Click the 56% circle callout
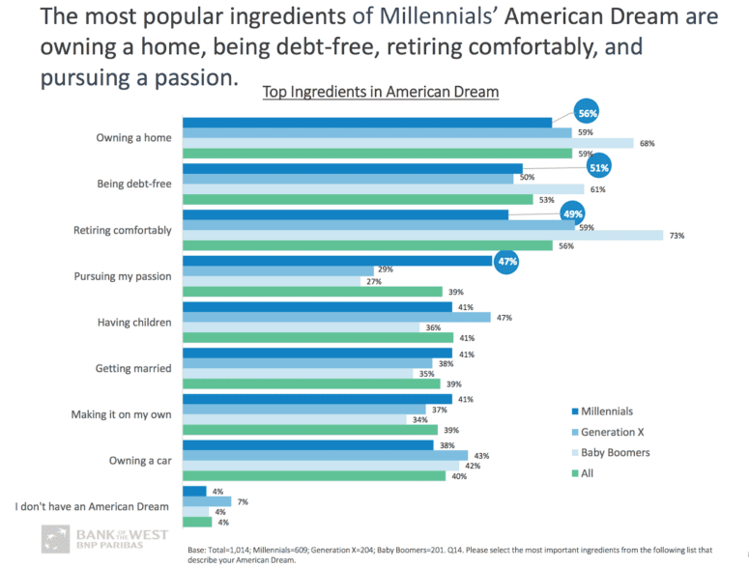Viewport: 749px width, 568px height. pos(587,113)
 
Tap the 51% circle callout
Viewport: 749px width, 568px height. pos(600,167)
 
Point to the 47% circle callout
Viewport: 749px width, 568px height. pos(506,261)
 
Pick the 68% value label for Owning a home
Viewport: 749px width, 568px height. pos(647,143)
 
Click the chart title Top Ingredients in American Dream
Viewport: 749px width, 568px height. pos(381,93)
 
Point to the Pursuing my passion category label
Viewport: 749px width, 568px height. pos(122,276)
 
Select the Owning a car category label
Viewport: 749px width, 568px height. pos(139,461)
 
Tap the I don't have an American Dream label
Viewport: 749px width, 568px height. pos(93,506)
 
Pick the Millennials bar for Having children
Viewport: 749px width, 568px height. pos(317,307)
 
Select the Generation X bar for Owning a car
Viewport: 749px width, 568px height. pos(325,455)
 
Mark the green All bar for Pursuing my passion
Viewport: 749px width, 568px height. pos(312,292)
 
